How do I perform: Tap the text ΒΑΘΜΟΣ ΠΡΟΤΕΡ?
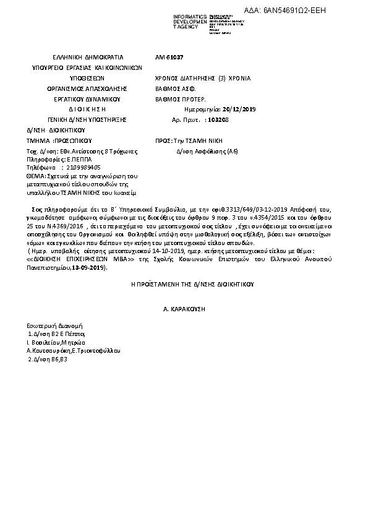click(179, 99)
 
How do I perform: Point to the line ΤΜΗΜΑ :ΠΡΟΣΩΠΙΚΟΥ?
click(56, 141)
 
